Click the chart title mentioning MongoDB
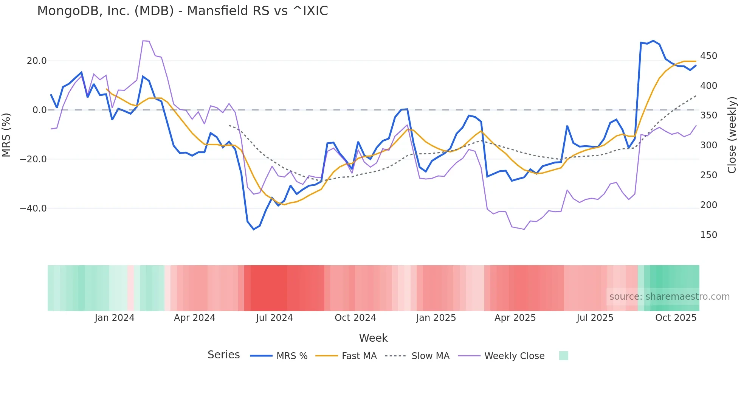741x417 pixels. [x=183, y=11]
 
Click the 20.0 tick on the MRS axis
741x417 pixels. [x=37, y=61]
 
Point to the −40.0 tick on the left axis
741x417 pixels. [x=33, y=208]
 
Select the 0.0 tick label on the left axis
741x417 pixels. [x=39, y=110]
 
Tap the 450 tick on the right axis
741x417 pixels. [x=708, y=56]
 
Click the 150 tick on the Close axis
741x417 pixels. [x=708, y=235]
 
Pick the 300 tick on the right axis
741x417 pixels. [x=708, y=145]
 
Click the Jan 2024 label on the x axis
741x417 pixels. [x=115, y=318]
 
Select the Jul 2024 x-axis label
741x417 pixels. [x=274, y=318]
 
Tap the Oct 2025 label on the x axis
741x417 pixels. [x=676, y=318]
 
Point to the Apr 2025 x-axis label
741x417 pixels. [x=515, y=318]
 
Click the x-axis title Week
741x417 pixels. [x=373, y=338]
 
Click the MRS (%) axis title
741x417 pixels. [x=6, y=135]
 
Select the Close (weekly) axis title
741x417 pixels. [x=732, y=135]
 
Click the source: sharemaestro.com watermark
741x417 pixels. [x=669, y=297]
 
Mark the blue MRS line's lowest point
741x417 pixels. [x=254, y=229]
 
